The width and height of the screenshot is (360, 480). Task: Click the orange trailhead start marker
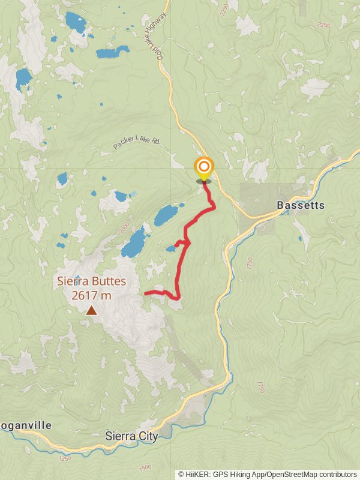pyautogui.click(x=204, y=167)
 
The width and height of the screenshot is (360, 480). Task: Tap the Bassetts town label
pyautogui.click(x=301, y=205)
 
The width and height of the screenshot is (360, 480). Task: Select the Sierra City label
pyautogui.click(x=131, y=436)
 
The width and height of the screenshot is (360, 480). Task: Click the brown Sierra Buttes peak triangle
pyautogui.click(x=91, y=310)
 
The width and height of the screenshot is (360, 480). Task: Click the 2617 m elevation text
pyautogui.click(x=91, y=295)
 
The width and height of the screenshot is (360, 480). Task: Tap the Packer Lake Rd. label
pyautogui.click(x=137, y=142)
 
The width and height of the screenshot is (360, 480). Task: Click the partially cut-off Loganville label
pyautogui.click(x=25, y=425)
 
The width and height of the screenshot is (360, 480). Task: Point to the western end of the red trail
pyautogui.click(x=146, y=293)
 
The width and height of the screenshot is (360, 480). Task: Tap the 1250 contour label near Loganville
pyautogui.click(x=65, y=458)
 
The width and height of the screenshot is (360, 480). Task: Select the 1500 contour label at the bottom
pyautogui.click(x=145, y=467)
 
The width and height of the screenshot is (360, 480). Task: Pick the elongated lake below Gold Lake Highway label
pyautogui.click(x=112, y=53)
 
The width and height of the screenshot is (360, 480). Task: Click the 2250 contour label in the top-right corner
pyautogui.click(x=323, y=25)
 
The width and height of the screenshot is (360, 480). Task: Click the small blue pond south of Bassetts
pyautogui.click(x=301, y=239)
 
